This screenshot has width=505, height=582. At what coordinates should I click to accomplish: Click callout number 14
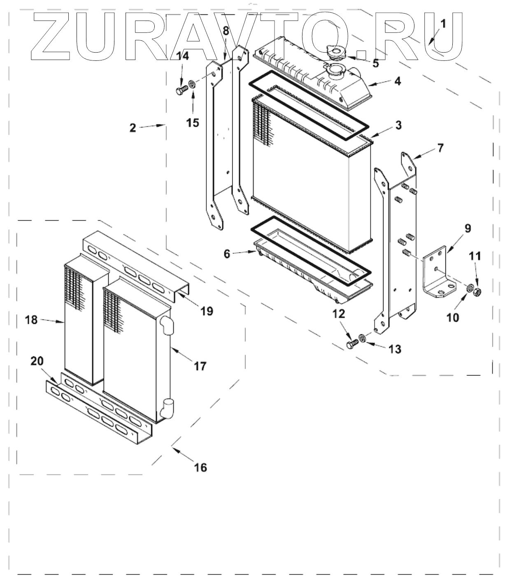click(183, 56)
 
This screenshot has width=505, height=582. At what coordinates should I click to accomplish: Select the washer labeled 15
click(192, 85)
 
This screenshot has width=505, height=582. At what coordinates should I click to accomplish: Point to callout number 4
click(397, 81)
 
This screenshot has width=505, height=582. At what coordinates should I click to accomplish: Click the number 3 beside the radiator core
click(398, 125)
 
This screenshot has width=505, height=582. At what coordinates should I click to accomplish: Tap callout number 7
click(440, 148)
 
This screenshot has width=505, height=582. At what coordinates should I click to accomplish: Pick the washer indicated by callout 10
click(469, 289)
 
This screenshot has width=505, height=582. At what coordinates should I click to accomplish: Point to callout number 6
click(227, 254)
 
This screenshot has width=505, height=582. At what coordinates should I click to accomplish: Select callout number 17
click(200, 365)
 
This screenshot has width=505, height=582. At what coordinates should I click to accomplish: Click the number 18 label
click(32, 319)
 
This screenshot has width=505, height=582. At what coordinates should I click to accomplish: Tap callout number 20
click(37, 361)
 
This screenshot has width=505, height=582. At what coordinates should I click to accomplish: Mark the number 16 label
click(201, 467)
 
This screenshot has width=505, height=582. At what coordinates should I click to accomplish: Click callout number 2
click(133, 128)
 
